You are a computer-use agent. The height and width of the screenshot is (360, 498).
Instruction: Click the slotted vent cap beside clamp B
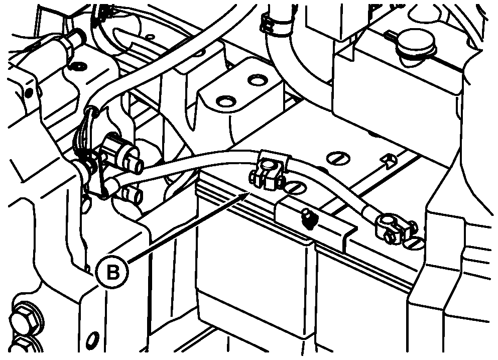point(295,189)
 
